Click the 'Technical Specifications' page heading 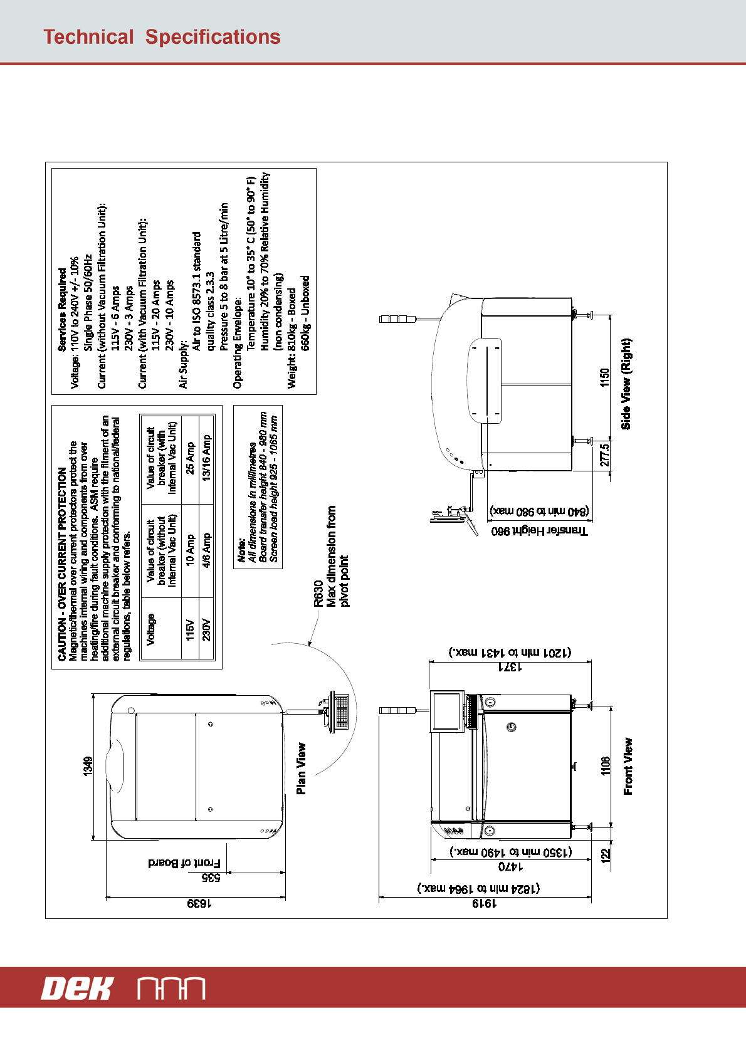pos(162,37)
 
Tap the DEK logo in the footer pos(76,989)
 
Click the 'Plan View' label pos(302,769)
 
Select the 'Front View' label pos(628,767)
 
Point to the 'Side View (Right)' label pos(626,384)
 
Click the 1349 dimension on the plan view pos(88,767)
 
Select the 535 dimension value pos(211,878)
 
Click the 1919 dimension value pos(484,903)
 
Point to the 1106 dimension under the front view pos(606,766)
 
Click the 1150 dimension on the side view pos(604,377)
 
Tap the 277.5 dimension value pos(604,455)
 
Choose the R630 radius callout pos(318,594)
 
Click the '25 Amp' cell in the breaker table pos(190,459)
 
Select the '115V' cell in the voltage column pos(190,629)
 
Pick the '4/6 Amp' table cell pos(206,550)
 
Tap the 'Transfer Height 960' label pos(540,531)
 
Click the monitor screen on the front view pos(447,711)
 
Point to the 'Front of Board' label pos(184,863)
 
